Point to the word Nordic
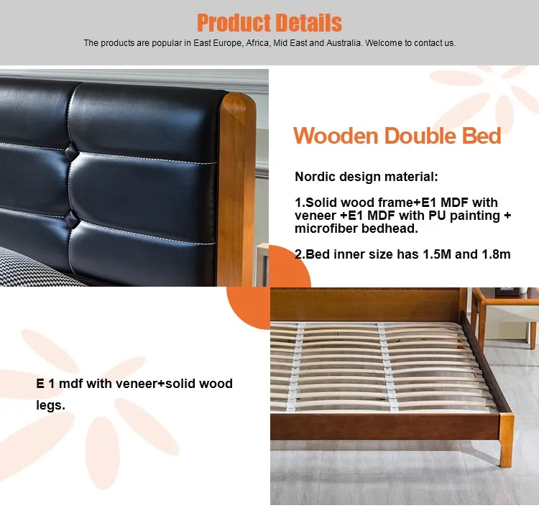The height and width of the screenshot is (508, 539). (x=316, y=177)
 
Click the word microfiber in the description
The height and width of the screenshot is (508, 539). (x=326, y=228)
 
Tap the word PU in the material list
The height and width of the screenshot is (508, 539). (x=425, y=216)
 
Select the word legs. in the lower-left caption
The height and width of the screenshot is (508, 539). (x=50, y=405)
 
